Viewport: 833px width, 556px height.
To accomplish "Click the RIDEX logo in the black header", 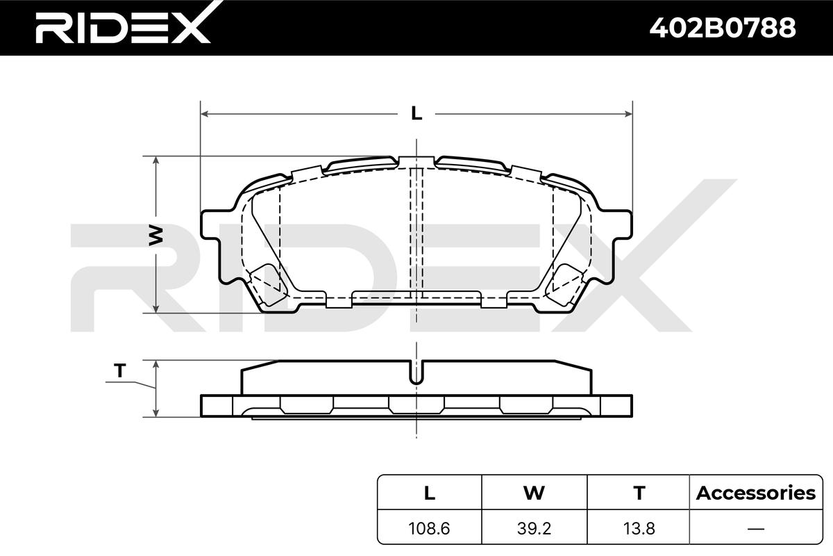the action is [x=123, y=24].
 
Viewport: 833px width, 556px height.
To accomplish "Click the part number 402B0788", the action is [x=723, y=28].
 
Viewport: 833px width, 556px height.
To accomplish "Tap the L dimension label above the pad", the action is [x=416, y=113].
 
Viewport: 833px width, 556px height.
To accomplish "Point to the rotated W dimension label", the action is [x=155, y=235].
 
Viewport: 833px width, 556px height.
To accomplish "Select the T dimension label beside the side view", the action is [x=119, y=370].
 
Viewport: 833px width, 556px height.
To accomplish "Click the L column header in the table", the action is [x=430, y=493].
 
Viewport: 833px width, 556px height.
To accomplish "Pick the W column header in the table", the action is [x=534, y=493].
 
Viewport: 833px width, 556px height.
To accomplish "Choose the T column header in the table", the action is [x=639, y=493].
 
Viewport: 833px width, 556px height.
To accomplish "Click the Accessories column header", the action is [x=756, y=493].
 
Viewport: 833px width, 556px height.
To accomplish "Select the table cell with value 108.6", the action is [x=429, y=528].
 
